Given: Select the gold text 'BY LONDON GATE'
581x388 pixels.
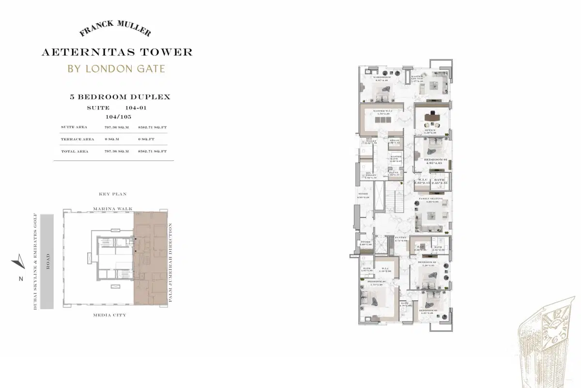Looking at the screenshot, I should click(x=116, y=68).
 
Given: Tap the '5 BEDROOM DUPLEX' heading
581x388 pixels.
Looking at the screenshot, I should click(x=120, y=97).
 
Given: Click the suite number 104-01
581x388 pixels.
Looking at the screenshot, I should click(x=136, y=108).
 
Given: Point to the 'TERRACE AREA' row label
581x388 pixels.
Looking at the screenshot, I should click(x=77, y=139).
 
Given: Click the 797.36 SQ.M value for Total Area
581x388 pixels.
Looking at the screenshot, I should click(x=117, y=151).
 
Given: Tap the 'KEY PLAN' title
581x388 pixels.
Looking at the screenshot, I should click(x=112, y=194).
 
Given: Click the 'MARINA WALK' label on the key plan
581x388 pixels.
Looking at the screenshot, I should click(x=112, y=209).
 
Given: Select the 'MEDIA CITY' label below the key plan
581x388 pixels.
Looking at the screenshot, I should click(x=110, y=315).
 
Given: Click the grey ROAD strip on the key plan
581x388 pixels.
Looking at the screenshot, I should click(x=47, y=262).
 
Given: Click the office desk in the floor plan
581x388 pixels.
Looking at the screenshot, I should click(x=430, y=117).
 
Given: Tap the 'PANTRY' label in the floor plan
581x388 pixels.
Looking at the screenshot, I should click(x=400, y=238).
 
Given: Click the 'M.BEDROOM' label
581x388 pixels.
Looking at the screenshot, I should click(x=382, y=78).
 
